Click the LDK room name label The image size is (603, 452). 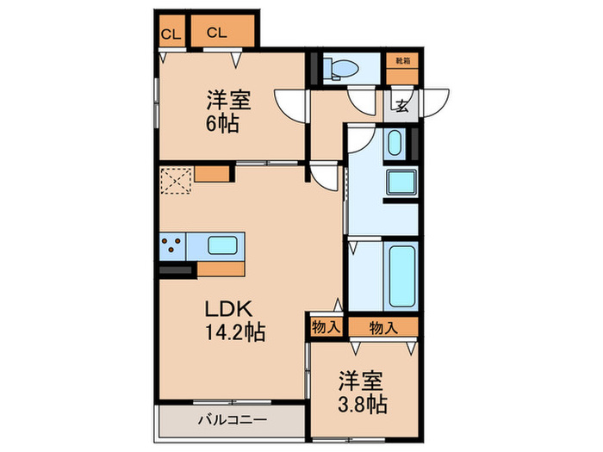click(x=227, y=308)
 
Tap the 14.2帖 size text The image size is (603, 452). click(x=233, y=331)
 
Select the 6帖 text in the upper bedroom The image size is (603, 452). click(x=222, y=122)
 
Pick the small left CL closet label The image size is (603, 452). click(x=170, y=34)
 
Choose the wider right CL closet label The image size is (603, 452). click(x=216, y=34)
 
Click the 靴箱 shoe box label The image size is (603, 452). click(x=401, y=60)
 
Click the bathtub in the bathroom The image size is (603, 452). click(x=401, y=277)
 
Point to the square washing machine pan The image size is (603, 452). click(x=401, y=183)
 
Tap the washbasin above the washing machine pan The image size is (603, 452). click(x=395, y=143)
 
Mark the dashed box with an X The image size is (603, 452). click(x=176, y=182)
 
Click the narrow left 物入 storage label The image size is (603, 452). click(x=326, y=327)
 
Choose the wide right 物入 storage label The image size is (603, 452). click(x=383, y=327)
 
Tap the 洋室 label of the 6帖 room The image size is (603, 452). click(x=228, y=100)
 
